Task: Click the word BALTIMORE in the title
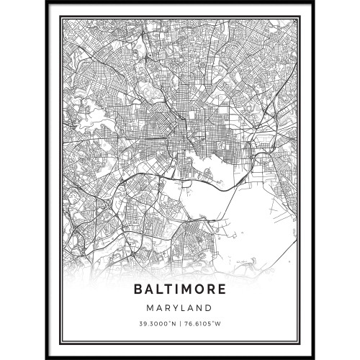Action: pyautogui.click(x=179, y=290)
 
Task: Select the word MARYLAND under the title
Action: pyautogui.click(x=180, y=307)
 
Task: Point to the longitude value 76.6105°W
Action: pyautogui.click(x=204, y=321)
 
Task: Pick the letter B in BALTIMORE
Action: pyautogui.click(x=138, y=290)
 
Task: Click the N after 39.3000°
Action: pyautogui.click(x=175, y=321)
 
